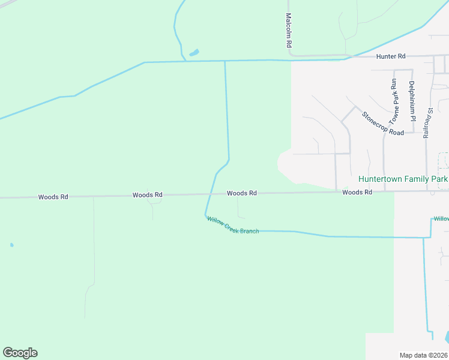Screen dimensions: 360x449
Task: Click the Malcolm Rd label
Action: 289,31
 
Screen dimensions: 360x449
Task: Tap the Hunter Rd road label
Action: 391,56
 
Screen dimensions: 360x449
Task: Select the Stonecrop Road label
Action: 382,123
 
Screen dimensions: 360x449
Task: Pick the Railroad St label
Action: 427,123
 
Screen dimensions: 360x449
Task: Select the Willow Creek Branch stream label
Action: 233,226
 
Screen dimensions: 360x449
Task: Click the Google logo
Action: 20,353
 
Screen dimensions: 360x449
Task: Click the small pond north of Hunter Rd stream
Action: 194,53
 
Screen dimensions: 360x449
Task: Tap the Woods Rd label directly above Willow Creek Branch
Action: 242,193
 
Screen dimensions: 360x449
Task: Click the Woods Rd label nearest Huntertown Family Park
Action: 357,192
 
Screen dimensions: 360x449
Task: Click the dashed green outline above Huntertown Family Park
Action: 444,161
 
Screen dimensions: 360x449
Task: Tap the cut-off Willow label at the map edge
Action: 442,219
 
